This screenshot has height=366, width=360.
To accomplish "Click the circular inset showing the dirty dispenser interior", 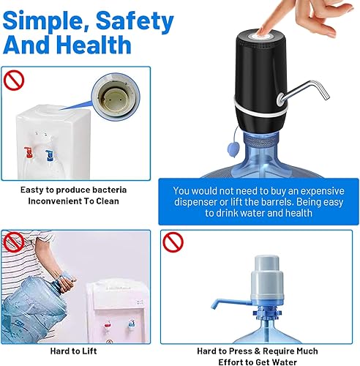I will point(114,99).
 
